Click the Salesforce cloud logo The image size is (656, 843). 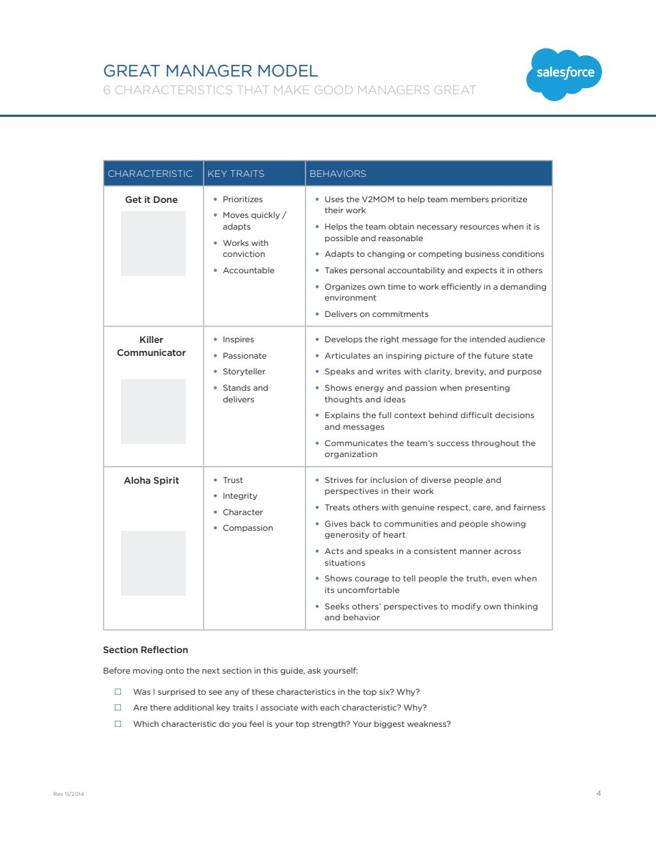pyautogui.click(x=564, y=74)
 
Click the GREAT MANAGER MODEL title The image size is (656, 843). pyautogui.click(x=210, y=71)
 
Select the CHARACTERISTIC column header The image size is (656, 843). pyautogui.click(x=150, y=174)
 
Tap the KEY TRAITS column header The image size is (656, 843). pyautogui.click(x=236, y=174)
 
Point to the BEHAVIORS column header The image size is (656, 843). pyautogui.click(x=338, y=174)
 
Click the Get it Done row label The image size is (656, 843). pyautogui.click(x=151, y=199)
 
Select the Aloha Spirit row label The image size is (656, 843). pyautogui.click(x=151, y=480)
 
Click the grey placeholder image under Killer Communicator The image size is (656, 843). pyautogui.click(x=153, y=411)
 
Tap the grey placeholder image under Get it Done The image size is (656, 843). pyautogui.click(x=153, y=243)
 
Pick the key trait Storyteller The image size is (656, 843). pyautogui.click(x=244, y=372)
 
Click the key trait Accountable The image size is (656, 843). pyautogui.click(x=248, y=271)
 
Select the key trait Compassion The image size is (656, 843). pyautogui.click(x=247, y=528)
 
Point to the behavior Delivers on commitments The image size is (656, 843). pyautogui.click(x=377, y=314)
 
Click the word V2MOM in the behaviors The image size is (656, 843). pyautogui.click(x=377, y=199)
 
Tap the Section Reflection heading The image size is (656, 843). pyautogui.click(x=146, y=650)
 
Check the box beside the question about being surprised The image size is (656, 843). pyautogui.click(x=118, y=692)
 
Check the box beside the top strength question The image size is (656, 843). pyautogui.click(x=118, y=724)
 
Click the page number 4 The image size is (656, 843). pyautogui.click(x=599, y=793)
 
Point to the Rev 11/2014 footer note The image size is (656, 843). pyautogui.click(x=68, y=794)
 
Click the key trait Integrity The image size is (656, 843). pyautogui.click(x=240, y=496)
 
